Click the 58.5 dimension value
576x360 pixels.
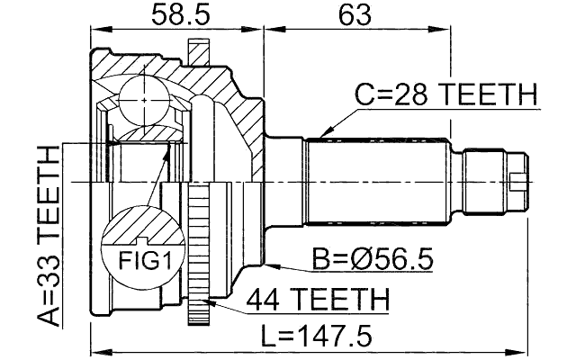(175, 15)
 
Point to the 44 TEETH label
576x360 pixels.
(317, 298)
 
